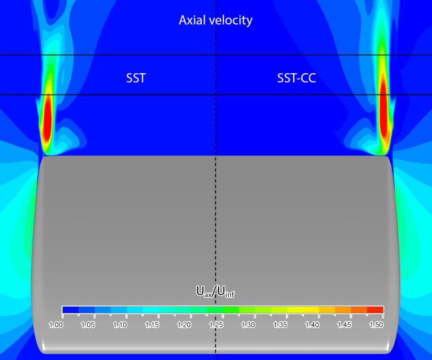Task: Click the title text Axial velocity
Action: point(216,20)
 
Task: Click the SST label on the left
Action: point(135,78)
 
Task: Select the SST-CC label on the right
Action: point(292,78)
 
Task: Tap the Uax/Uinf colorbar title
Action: point(216,292)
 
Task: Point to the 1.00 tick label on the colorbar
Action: point(63,324)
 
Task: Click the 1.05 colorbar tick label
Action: point(88,324)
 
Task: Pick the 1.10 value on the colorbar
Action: point(120,324)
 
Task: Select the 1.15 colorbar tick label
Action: point(152,324)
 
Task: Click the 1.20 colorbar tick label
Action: point(184,324)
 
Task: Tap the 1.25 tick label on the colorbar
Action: point(216,324)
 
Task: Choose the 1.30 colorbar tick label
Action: point(248,324)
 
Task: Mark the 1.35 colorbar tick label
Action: point(280,324)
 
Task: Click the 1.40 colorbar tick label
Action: point(312,324)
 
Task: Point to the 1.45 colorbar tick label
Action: point(344,324)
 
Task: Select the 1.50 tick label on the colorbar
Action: point(375,324)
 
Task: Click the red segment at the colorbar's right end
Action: point(375,310)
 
